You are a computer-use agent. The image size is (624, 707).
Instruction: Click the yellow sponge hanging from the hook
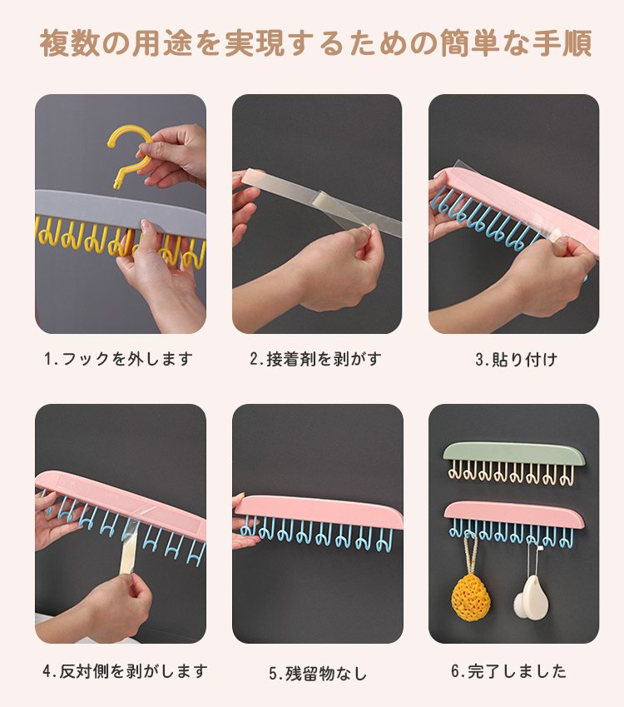[470, 593]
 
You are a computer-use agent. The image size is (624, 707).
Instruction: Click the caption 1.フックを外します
[118, 359]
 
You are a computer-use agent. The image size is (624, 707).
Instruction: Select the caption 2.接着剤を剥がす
[315, 359]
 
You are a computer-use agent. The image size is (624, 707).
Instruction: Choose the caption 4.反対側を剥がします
[124, 670]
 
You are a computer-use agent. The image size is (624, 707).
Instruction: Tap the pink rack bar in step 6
[513, 512]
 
